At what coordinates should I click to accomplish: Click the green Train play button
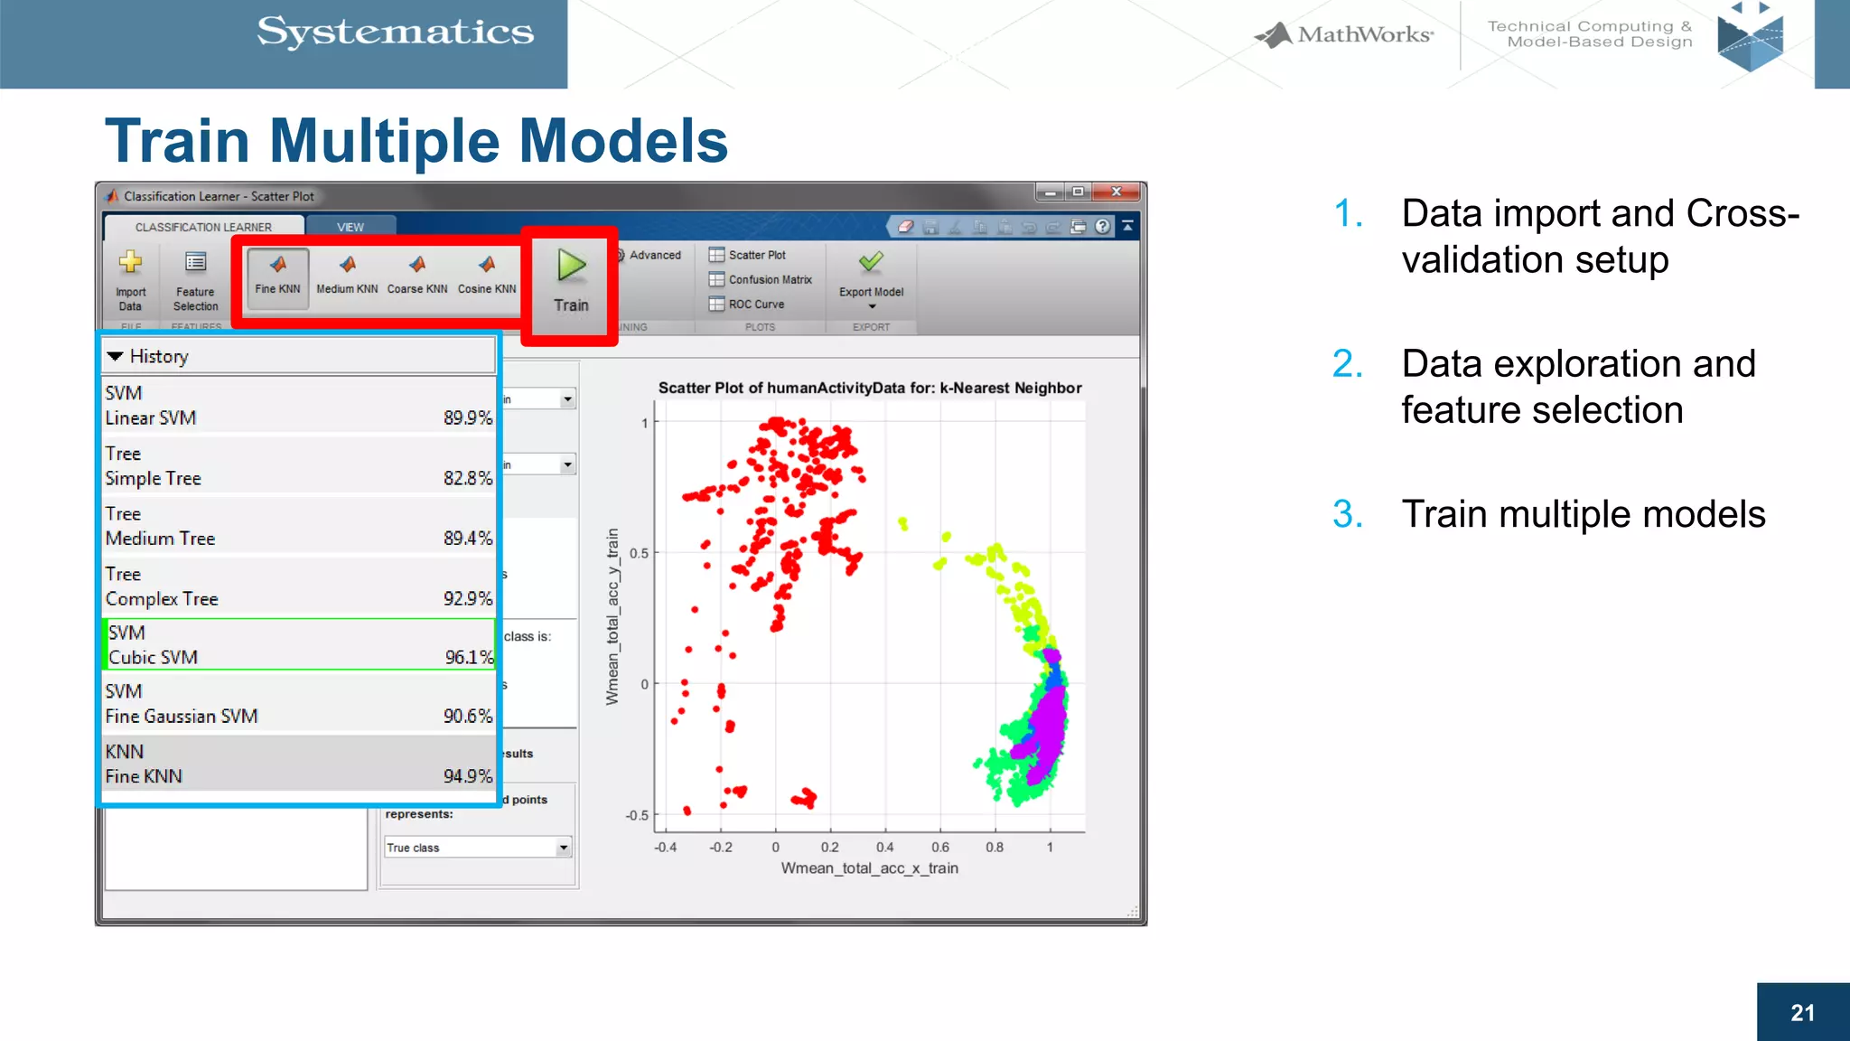[571, 266]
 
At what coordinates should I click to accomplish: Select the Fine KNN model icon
[277, 265]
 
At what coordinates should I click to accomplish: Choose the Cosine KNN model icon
[487, 265]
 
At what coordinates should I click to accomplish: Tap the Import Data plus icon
[130, 263]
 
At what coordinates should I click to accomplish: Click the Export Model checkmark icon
[871, 263]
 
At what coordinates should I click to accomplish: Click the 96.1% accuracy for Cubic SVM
[469, 658]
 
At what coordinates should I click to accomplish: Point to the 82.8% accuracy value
[467, 479]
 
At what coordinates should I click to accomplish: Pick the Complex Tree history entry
[162, 599]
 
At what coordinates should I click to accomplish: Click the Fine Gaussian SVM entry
[182, 717]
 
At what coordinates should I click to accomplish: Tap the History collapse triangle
[115, 357]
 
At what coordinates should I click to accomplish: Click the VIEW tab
[350, 228]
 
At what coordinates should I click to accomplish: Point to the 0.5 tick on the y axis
[640, 553]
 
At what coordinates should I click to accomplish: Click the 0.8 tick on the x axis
[995, 848]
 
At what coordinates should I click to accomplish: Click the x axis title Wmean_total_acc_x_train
[869, 868]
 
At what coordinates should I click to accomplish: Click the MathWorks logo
[1344, 35]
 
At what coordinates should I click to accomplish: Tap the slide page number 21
[1802, 1013]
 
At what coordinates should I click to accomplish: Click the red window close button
[1117, 192]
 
